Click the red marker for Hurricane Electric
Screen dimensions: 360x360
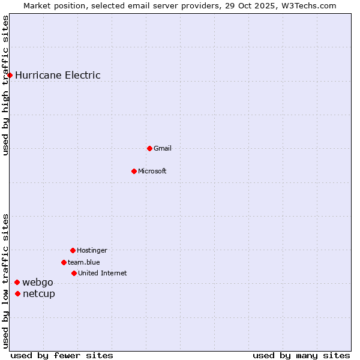click(10, 75)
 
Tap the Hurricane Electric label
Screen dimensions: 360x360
click(58, 75)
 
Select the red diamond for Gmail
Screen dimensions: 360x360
click(149, 148)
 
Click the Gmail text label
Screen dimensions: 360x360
click(163, 148)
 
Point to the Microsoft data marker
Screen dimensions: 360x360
click(134, 171)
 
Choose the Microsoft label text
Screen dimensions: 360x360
click(152, 171)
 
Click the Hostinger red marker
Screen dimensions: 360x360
click(73, 250)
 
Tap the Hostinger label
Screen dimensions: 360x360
click(92, 250)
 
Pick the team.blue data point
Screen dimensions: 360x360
click(64, 262)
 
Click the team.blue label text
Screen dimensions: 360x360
click(84, 262)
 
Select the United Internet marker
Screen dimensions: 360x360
click(74, 273)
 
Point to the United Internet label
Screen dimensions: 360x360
click(103, 273)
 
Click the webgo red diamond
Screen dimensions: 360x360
click(17, 282)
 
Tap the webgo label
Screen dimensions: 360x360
click(38, 283)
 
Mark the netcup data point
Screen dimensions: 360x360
click(18, 293)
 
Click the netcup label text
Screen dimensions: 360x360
click(39, 293)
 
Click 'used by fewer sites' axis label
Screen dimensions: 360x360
click(62, 355)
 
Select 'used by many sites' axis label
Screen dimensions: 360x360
click(301, 355)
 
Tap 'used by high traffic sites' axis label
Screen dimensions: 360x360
click(5, 85)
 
